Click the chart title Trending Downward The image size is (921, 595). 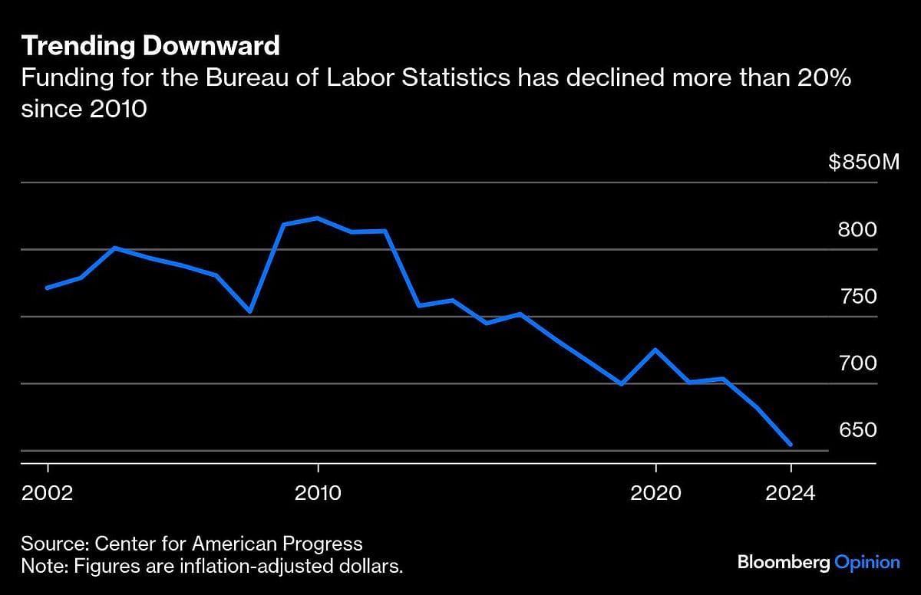coord(150,47)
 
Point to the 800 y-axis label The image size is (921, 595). coord(858,229)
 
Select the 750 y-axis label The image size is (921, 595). coord(858,296)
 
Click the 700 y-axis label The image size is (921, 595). coord(858,363)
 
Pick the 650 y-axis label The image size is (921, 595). coord(858,430)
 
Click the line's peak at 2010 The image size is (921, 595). coord(318,218)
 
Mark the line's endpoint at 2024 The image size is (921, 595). coord(791,444)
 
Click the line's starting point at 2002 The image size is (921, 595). coord(48,288)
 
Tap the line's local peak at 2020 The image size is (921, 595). coord(655,350)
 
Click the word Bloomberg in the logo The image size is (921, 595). coord(784,562)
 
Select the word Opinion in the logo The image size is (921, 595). coord(867,562)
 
